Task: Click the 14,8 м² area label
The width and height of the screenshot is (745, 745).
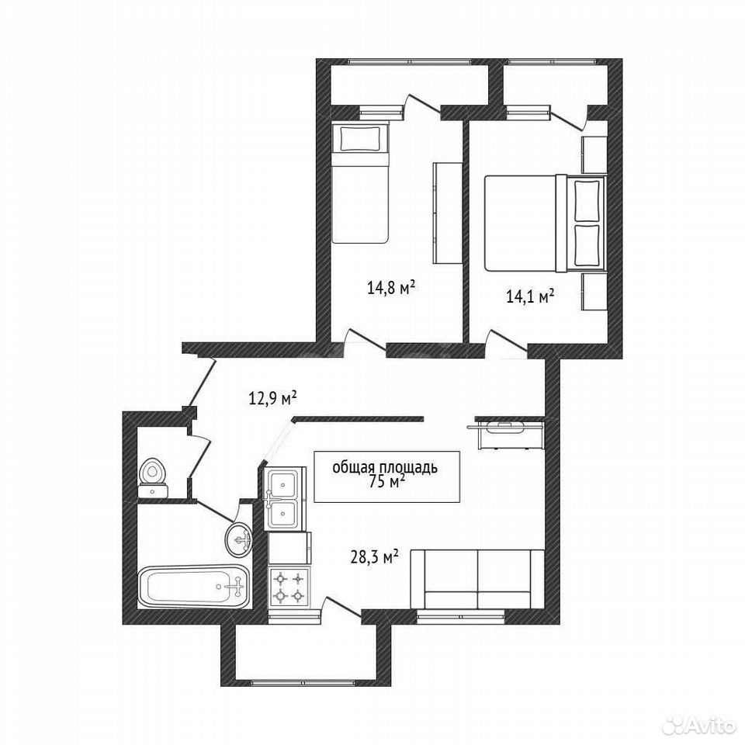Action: [391, 287]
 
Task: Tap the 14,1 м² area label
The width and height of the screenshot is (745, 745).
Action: [531, 297]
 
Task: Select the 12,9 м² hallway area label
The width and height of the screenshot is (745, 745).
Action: [272, 397]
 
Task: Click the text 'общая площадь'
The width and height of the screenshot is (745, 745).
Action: [384, 467]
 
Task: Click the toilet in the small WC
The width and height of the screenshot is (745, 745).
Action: [152, 477]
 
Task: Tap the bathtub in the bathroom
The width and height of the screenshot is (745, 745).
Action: [194, 586]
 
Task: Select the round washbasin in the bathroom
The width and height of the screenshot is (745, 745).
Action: [238, 539]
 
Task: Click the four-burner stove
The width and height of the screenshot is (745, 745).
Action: [289, 587]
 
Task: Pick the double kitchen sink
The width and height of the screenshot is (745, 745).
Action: [284, 497]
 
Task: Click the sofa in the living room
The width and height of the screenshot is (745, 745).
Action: [477, 579]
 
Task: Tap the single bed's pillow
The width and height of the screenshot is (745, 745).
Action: [359, 138]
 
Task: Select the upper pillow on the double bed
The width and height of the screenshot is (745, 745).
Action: [587, 199]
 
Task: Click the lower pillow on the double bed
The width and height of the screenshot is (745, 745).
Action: [587, 245]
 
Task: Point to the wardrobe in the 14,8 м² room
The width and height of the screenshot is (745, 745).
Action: [447, 213]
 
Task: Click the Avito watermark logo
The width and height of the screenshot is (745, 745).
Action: [700, 725]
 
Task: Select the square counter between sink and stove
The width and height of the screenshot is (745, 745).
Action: [289, 548]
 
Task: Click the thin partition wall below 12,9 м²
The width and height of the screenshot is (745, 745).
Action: [359, 418]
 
